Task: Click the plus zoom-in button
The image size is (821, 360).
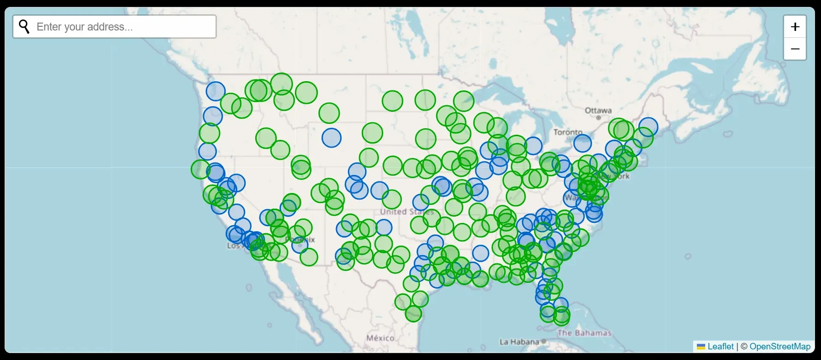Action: click(x=795, y=27)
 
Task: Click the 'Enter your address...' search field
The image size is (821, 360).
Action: click(x=125, y=27)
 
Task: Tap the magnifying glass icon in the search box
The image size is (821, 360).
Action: click(x=24, y=27)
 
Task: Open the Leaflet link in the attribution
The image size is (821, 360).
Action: click(x=720, y=347)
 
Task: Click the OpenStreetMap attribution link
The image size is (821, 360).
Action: click(x=780, y=347)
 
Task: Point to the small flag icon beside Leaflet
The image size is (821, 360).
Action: click(x=701, y=347)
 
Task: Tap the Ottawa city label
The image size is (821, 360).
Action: click(x=598, y=110)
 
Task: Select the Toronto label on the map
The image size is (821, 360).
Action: click(x=568, y=132)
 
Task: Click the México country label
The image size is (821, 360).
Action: click(x=380, y=338)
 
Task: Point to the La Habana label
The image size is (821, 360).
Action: click(x=519, y=342)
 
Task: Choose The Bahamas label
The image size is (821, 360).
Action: click(x=584, y=333)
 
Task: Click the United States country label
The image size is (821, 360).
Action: click(x=406, y=212)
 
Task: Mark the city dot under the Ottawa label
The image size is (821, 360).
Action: click(x=599, y=118)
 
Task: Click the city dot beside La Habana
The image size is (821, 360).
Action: click(x=544, y=342)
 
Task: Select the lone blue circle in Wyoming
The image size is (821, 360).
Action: click(x=331, y=138)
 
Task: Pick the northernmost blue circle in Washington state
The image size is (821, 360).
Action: click(x=216, y=91)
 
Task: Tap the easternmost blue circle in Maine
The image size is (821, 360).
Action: click(x=648, y=126)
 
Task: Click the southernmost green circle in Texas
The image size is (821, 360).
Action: click(x=413, y=313)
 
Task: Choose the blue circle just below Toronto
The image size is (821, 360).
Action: click(x=582, y=143)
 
